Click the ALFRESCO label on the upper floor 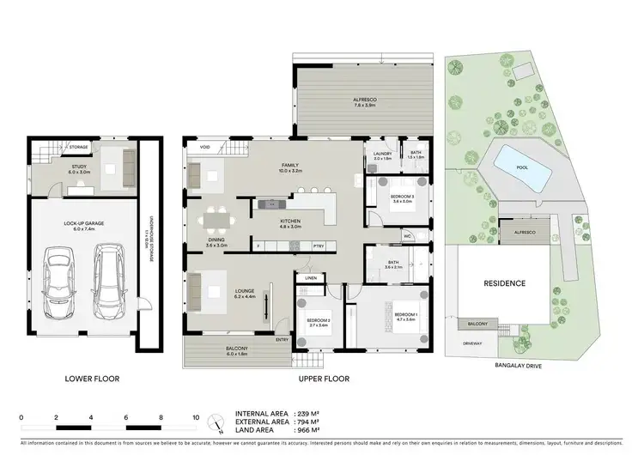(x=364, y=102)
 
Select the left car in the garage (x=58, y=281)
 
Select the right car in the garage (x=109, y=280)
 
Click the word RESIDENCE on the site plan (x=503, y=282)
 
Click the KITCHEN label (x=290, y=223)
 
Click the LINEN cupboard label (x=311, y=277)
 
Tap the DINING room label (x=216, y=243)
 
